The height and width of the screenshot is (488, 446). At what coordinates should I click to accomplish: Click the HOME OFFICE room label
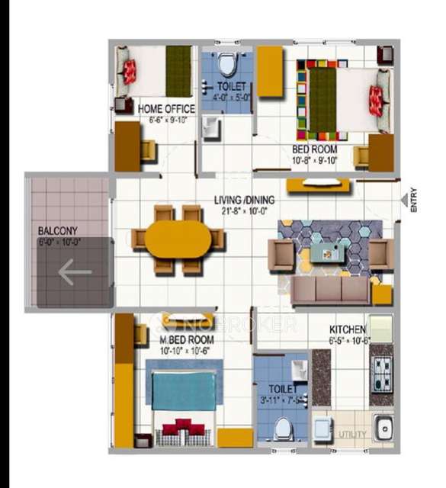click(166, 109)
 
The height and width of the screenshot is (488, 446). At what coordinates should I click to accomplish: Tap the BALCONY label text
click(58, 230)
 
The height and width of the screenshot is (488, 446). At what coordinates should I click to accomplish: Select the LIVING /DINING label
click(244, 201)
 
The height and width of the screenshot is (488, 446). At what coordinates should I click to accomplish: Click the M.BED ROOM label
click(186, 339)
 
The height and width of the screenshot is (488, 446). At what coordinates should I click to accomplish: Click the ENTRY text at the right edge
click(414, 200)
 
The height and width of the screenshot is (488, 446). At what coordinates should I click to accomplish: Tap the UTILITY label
click(352, 435)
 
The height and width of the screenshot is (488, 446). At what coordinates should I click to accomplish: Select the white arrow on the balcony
click(75, 271)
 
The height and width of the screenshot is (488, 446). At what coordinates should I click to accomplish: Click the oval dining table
click(178, 239)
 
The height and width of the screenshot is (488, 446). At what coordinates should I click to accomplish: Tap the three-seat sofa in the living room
click(331, 290)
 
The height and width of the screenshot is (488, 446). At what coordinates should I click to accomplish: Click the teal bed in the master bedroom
click(181, 390)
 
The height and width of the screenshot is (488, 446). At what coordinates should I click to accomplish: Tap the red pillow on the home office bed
click(130, 72)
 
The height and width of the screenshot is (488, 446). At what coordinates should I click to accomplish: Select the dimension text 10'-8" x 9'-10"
click(314, 161)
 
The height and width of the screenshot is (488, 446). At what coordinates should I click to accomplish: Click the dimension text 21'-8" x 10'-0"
click(244, 211)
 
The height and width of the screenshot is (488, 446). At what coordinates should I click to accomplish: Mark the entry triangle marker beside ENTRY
click(405, 199)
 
